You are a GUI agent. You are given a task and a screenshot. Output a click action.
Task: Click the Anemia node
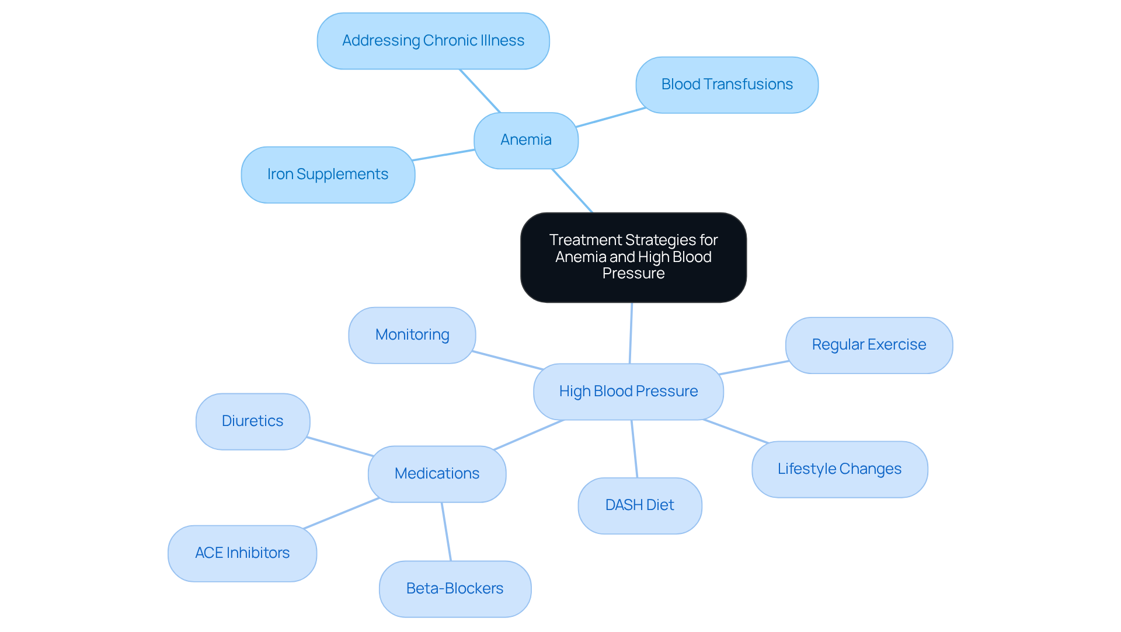pos(525,140)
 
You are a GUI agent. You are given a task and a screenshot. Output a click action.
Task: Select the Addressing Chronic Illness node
pos(433,41)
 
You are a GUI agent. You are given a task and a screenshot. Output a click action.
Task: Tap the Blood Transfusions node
pos(726,85)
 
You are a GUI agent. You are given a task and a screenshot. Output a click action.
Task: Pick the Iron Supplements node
pos(328,174)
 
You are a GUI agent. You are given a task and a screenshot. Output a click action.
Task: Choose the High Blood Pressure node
pos(628,392)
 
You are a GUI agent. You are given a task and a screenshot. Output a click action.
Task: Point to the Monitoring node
pos(412,335)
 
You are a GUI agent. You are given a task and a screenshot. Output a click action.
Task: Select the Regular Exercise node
pos(869,345)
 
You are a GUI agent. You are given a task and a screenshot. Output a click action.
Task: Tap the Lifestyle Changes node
pos(839,469)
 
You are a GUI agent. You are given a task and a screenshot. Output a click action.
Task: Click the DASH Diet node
pos(639,505)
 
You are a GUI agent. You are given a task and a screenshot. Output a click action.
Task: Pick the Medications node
pos(437,474)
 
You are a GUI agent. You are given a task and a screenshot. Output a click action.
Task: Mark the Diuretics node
pos(252,421)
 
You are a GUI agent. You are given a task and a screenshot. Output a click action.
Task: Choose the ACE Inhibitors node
pos(242,553)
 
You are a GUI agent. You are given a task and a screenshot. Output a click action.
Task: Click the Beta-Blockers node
pos(454,589)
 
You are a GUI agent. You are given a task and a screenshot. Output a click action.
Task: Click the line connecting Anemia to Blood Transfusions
pos(611,117)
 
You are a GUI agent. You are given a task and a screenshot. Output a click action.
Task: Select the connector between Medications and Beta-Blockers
pos(447,532)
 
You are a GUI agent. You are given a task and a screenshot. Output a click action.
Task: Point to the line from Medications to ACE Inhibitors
pos(342,514)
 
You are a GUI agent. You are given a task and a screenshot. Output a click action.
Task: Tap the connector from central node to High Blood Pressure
pos(631,333)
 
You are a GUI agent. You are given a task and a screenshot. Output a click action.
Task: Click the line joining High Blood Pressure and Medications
pos(529,435)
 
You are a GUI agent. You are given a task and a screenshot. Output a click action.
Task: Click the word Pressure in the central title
pos(633,274)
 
